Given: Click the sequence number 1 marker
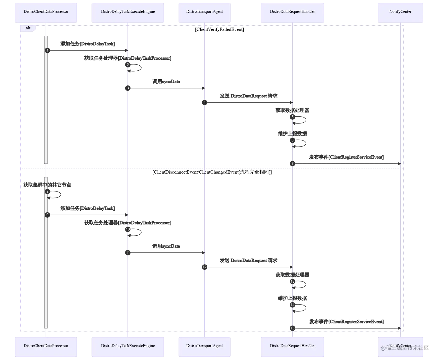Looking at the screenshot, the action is click(x=47, y=50).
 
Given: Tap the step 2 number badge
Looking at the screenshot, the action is click(x=128, y=65).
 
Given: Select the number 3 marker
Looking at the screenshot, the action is click(x=128, y=88).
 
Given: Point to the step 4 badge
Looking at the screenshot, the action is click(x=205, y=102).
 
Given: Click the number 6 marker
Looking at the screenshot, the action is click(x=292, y=140).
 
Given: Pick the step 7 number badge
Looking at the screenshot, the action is click(x=292, y=164).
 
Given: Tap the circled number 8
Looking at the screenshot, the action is click(x=47, y=192).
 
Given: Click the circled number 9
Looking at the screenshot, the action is click(x=47, y=215).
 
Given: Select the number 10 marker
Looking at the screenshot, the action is click(x=128, y=229).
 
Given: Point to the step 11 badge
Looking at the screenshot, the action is click(x=128, y=253).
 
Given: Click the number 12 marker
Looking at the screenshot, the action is click(x=205, y=267).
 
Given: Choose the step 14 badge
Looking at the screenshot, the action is click(x=292, y=305).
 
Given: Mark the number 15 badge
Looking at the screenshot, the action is click(x=292, y=328).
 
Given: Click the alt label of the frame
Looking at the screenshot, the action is click(x=28, y=28).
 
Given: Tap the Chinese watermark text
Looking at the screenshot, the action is click(x=405, y=348).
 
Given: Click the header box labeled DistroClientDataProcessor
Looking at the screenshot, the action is click(x=46, y=12).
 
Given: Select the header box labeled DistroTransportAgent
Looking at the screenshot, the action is click(x=205, y=12).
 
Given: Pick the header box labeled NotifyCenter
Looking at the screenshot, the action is click(x=400, y=12).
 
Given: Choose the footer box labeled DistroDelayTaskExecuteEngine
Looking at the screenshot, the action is click(x=128, y=346).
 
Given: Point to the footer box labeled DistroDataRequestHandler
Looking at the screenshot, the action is click(x=292, y=346).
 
